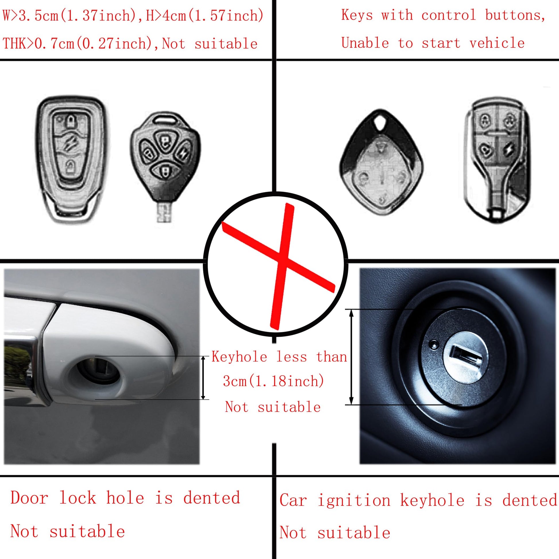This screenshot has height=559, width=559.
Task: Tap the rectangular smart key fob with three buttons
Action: tap(72, 160)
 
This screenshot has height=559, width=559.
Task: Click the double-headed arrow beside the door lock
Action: tap(203, 377)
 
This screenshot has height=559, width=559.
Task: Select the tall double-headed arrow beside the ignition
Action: tap(352, 357)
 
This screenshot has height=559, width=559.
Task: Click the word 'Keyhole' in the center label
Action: tap(239, 356)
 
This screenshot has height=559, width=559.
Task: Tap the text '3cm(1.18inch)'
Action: tap(273, 381)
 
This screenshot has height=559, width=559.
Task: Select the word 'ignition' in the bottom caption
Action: tap(354, 500)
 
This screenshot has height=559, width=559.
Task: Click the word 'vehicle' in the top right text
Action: tap(497, 43)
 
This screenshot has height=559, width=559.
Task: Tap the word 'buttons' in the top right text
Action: tap(515, 15)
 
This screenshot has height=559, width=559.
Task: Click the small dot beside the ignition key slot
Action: tap(433, 344)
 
